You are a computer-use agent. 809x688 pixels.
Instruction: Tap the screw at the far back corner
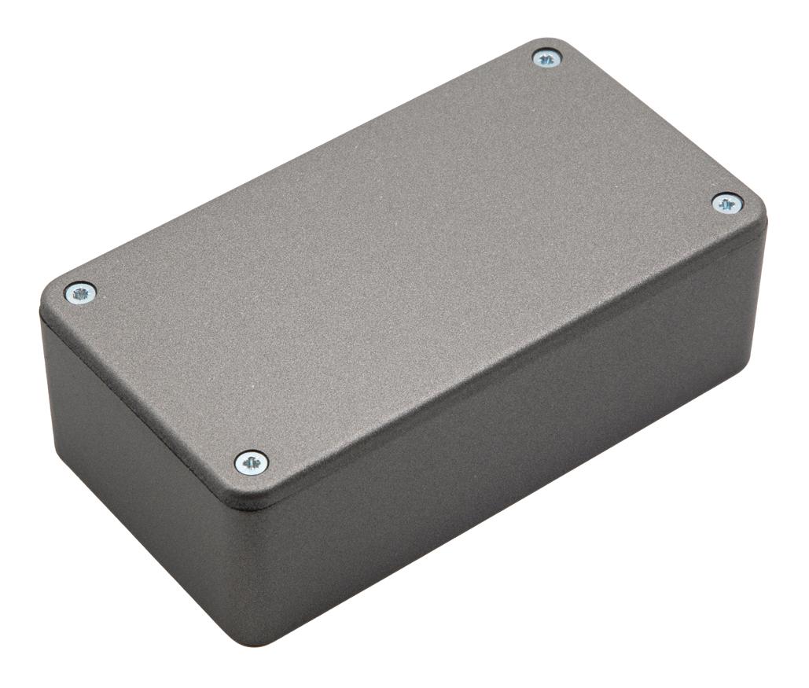(x=546, y=58)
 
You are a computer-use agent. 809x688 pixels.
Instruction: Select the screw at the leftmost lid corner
(x=80, y=293)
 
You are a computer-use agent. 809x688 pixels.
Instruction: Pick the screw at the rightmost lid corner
(x=727, y=204)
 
